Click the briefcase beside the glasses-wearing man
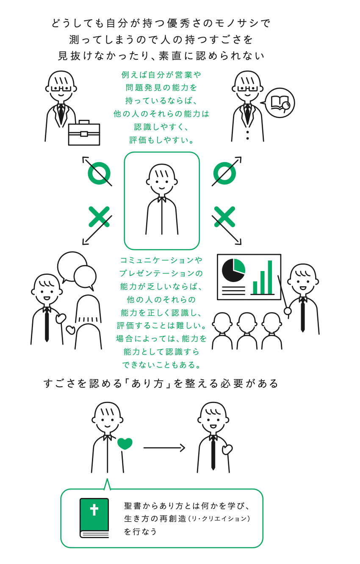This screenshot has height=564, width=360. pyautogui.click(x=84, y=134)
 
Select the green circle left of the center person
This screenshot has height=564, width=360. pyautogui.click(x=99, y=173)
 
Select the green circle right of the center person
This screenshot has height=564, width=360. pyautogui.click(x=224, y=173)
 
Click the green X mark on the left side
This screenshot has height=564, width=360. pyautogui.click(x=99, y=217)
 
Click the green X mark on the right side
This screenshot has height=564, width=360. pyautogui.click(x=224, y=217)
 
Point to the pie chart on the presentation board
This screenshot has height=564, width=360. pyautogui.click(x=233, y=270)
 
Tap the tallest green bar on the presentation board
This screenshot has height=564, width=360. pyautogui.click(x=270, y=277)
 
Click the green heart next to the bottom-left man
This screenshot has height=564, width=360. pyautogui.click(x=125, y=443)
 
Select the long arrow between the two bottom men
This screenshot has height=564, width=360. pyautogui.click(x=164, y=448)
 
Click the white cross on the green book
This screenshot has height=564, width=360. pyautogui.click(x=94, y=509)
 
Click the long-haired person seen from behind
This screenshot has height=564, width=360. pyautogui.click(x=88, y=322)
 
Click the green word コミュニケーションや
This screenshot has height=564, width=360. pyautogui.click(x=161, y=260)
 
